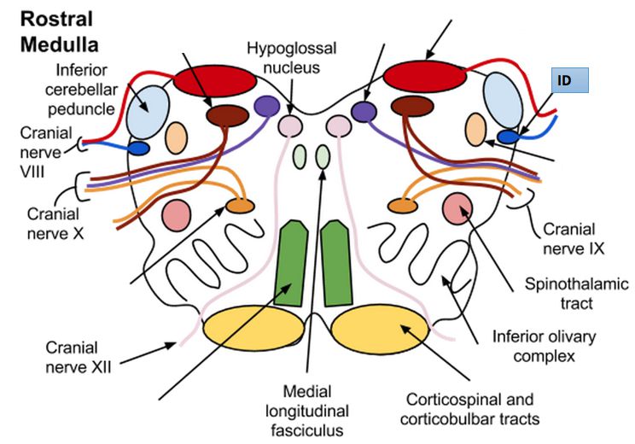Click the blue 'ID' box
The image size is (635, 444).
click(x=567, y=80)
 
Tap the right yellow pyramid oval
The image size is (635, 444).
click(x=379, y=329)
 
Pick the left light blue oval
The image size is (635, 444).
click(x=148, y=110)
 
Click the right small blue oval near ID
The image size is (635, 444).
click(x=510, y=136)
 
